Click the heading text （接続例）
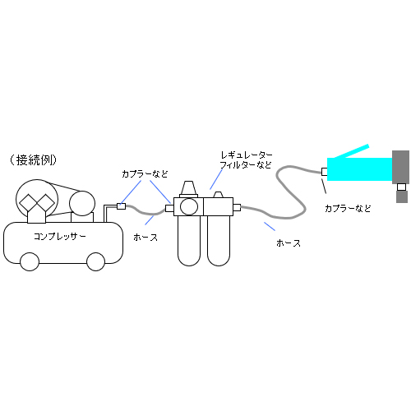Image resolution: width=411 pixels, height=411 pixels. pos(33,160)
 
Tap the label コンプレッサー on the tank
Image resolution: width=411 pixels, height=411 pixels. pos(60,237)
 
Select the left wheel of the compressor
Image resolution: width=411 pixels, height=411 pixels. pos(30,261)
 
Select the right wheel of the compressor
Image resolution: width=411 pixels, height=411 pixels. pos(95,261)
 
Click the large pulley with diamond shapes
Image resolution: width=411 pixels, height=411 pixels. pos(37,201)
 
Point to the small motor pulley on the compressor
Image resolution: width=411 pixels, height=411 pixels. pos(82,204)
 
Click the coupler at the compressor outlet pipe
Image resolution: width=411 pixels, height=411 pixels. pos(121,206)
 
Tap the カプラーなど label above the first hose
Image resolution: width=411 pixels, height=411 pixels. pos(145,173)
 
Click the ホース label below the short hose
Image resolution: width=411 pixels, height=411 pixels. pos(145,238)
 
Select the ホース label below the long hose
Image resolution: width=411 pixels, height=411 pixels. pos(289,243)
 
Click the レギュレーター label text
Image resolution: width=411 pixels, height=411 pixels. pos(247,155)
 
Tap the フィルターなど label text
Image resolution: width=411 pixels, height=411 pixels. pos(246,165)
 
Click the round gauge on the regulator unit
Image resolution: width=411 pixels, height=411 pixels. pos(189,207)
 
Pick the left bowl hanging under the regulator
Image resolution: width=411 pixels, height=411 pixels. pos(189,241)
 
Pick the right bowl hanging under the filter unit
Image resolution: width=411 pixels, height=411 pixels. pos(219,241)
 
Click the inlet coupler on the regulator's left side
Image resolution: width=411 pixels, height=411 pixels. pos(169,208)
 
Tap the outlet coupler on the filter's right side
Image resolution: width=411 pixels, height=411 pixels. pos(237,207)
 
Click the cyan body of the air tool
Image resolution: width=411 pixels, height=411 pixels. pos(359,169)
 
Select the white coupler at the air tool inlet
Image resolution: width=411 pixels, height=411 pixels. pos(325,172)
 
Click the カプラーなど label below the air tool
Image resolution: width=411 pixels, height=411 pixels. pos(348,209)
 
